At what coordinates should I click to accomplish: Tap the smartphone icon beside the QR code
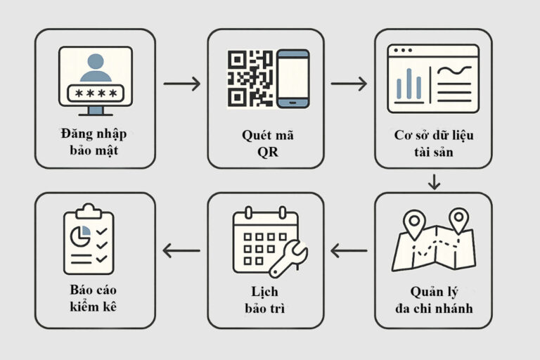click(292, 79)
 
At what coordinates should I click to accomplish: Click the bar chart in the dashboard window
click(409, 85)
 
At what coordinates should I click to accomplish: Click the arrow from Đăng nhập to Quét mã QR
click(181, 84)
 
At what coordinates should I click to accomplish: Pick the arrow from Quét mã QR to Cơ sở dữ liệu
click(349, 84)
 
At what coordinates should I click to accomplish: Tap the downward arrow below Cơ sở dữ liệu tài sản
click(434, 183)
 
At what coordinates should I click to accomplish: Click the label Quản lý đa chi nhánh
click(434, 300)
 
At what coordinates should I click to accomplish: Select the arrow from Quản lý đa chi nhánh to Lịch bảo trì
click(349, 250)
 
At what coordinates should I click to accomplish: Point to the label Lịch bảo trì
click(266, 301)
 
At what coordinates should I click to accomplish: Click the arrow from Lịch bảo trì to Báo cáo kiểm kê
click(181, 250)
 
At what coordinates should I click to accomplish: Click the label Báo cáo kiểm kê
click(94, 301)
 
